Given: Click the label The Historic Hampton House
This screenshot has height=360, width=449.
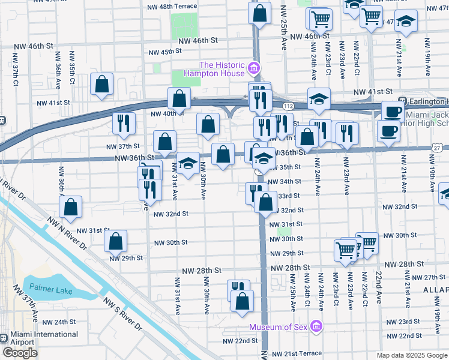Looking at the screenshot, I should pos(222,69).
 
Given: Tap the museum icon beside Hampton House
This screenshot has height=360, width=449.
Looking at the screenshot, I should pos(254,68).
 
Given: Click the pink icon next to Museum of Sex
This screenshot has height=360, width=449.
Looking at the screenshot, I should pos(316,327).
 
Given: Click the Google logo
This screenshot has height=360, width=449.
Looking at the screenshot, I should pos(20,353).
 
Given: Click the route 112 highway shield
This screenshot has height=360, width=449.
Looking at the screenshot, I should pos(288,105).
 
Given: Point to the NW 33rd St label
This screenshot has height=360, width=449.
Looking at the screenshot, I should pos(289,196).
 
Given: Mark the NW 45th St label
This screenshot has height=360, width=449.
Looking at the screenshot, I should pos(159,52).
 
